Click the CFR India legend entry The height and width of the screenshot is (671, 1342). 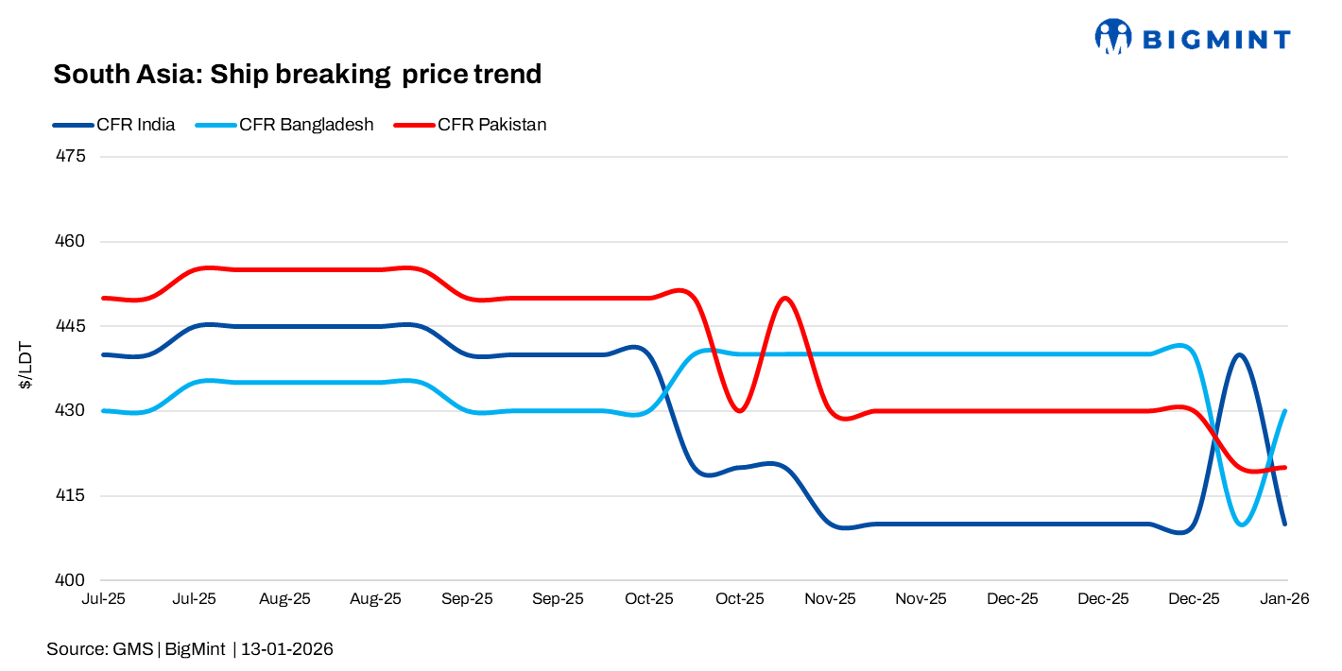(135, 124)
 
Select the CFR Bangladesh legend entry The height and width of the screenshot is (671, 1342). (306, 124)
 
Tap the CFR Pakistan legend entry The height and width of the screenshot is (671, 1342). (491, 124)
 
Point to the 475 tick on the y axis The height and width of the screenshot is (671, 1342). (72, 156)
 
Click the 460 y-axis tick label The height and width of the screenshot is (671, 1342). (72, 241)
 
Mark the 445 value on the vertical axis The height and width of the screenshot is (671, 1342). (72, 326)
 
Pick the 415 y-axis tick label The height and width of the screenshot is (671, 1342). (72, 496)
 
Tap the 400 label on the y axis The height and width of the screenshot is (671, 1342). (72, 580)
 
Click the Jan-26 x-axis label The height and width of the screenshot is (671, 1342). (1284, 599)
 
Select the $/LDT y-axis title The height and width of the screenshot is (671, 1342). (26, 368)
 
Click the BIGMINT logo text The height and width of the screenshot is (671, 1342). (1215, 39)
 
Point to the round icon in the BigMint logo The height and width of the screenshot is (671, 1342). (1113, 37)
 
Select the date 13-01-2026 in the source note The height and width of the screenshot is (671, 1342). (287, 649)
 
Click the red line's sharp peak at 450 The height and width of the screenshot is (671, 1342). (784, 298)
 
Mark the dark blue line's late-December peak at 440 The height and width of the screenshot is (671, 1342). (1238, 354)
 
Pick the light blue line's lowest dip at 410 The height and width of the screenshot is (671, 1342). (1242, 524)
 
